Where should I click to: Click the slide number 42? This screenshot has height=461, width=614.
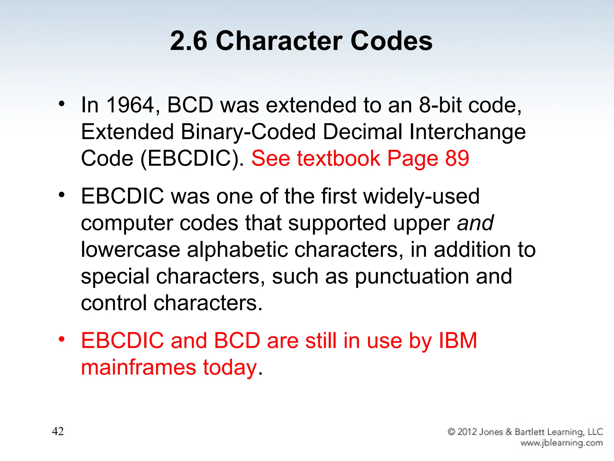coord(58,431)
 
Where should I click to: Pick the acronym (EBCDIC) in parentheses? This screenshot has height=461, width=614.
coord(192,159)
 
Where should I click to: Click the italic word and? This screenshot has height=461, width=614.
coord(475,223)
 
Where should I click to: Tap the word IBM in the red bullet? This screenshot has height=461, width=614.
coord(458,341)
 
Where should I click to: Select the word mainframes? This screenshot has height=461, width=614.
coord(139,367)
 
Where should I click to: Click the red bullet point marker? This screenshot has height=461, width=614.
coord(62,339)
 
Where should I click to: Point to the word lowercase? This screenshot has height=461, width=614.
coord(130,250)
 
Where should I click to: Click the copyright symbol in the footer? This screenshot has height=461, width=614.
coord(452,432)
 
